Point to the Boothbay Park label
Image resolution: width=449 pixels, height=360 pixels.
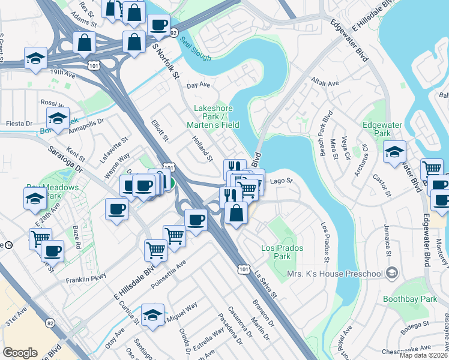point(410,298)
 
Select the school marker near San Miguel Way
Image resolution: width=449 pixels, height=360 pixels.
point(153,314)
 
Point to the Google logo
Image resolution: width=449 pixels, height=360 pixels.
point(20,352)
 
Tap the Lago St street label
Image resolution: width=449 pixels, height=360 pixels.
point(280,181)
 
